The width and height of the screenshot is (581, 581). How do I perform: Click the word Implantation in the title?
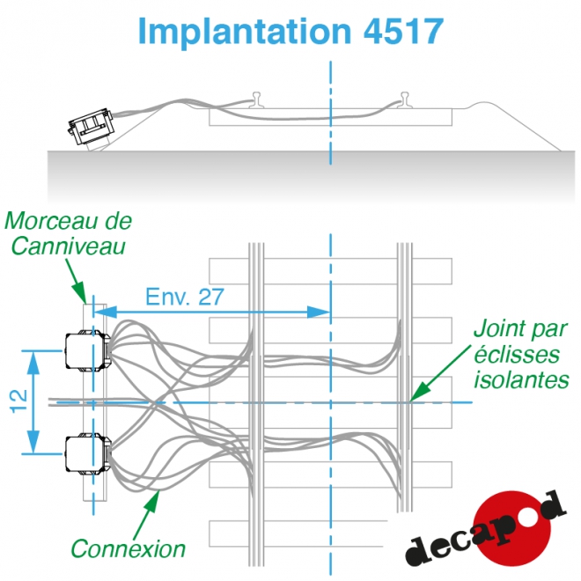tap(244, 32)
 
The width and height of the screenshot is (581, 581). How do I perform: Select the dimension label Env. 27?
tap(185, 297)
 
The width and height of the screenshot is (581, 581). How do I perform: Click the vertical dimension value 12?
tap(18, 401)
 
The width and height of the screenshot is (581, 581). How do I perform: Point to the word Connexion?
tap(129, 548)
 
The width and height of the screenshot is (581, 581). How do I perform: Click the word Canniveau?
tap(69, 246)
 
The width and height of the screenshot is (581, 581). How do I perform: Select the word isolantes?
tap(521, 379)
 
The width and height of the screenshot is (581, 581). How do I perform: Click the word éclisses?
tap(517, 354)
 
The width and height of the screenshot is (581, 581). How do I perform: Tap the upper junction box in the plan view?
tap(87, 350)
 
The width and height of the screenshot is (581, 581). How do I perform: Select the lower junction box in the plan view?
tap(87, 454)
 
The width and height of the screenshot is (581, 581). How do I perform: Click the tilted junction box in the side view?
tap(92, 127)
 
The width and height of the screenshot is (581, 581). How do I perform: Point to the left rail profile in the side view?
tap(257, 100)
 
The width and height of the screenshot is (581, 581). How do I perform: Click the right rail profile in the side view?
tap(405, 100)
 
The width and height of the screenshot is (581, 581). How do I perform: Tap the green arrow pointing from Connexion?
tap(147, 514)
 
